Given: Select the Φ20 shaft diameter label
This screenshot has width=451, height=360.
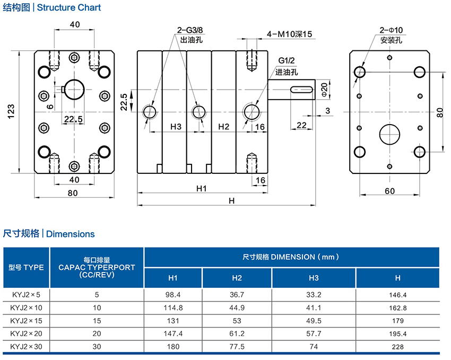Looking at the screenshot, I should tap(325, 89).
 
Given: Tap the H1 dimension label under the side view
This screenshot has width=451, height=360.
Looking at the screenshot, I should tap(201, 188).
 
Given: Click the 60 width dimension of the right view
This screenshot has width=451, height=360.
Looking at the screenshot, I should tap(389, 191).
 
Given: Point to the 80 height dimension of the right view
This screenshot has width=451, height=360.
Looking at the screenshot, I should tap(440, 112).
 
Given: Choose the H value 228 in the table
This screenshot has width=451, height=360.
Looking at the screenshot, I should tap(397, 347).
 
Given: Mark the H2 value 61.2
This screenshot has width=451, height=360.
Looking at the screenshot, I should tap(237, 334).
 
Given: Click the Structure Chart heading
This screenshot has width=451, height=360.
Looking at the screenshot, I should tap(52, 8).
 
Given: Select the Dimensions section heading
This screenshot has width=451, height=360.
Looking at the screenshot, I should tap(49, 234).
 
